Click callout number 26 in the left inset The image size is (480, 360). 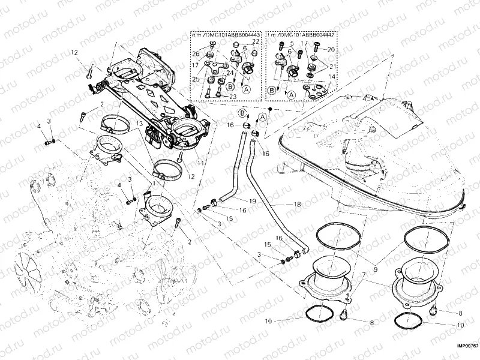[196, 54]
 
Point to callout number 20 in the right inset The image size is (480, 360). [331, 49]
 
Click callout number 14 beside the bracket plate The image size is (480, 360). [332, 76]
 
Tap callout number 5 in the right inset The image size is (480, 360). [290, 43]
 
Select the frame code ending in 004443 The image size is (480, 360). [226, 35]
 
